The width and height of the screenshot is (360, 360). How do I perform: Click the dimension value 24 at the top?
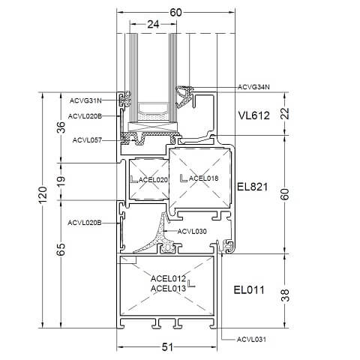coord(154,24)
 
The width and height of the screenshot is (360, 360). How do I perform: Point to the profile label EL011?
coord(248,289)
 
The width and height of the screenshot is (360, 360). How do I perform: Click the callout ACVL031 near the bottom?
coord(252,340)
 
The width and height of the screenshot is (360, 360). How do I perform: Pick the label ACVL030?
coord(192,232)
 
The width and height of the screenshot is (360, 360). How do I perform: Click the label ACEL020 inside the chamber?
coord(154,179)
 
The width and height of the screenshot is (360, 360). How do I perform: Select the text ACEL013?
coord(168,287)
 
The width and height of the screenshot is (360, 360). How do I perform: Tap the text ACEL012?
coord(168,278)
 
